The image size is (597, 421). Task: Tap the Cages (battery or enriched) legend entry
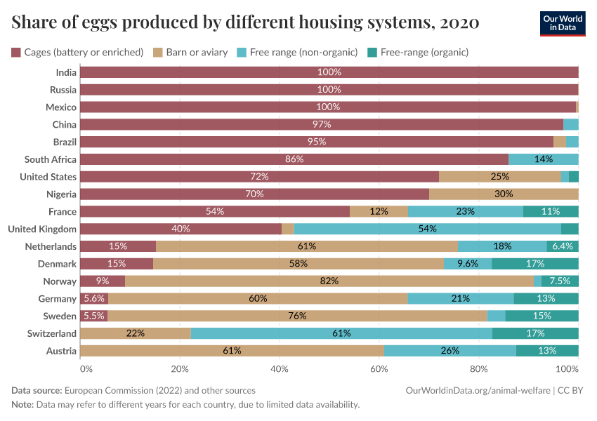coord(77,52)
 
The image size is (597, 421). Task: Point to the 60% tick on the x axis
coord(379,368)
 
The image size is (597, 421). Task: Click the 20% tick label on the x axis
coord(180,368)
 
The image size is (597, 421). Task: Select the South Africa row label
coord(51,159)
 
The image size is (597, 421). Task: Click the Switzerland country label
coord(52,333)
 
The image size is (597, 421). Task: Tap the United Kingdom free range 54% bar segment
coord(427,229)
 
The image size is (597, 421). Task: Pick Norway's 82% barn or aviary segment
coord(329,281)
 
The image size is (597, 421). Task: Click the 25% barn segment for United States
coord(499,177)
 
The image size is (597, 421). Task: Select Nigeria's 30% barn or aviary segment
coord(504,194)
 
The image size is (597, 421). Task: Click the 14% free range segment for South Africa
coord(543,159)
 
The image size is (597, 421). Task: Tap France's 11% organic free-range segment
coord(551,211)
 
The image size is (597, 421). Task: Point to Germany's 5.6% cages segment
coord(94,298)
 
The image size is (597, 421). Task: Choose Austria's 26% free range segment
coord(450,351)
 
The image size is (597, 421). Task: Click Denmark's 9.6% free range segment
coord(467,264)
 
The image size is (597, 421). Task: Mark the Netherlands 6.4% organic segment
coord(563,246)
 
